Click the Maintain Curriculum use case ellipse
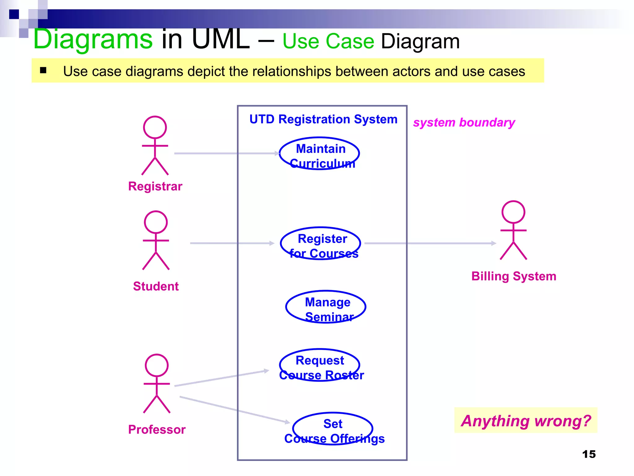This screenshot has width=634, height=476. click(319, 154)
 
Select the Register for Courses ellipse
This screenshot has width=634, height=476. click(320, 244)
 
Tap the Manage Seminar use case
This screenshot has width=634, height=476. click(326, 307)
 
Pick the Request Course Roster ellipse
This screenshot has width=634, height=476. click(319, 365)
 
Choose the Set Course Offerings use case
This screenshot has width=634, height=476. click(332, 429)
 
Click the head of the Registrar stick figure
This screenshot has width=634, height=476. click(155, 127)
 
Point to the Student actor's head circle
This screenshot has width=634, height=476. click(156, 222)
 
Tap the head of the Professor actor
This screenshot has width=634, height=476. click(157, 365)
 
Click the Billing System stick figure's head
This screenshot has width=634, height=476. click(513, 212)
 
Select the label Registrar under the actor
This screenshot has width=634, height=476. click(155, 187)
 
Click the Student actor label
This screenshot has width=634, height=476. click(156, 286)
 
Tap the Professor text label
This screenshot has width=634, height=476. click(157, 430)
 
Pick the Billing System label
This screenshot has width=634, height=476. click(514, 276)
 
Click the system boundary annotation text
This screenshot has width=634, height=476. click(464, 122)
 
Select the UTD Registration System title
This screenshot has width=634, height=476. click(323, 119)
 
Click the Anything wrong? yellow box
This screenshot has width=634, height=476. click(525, 421)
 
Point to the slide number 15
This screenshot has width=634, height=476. click(588, 454)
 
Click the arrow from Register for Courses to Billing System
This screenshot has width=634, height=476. click(430, 244)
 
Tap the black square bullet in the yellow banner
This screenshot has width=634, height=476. click(43, 70)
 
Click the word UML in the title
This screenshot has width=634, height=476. click(220, 40)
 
